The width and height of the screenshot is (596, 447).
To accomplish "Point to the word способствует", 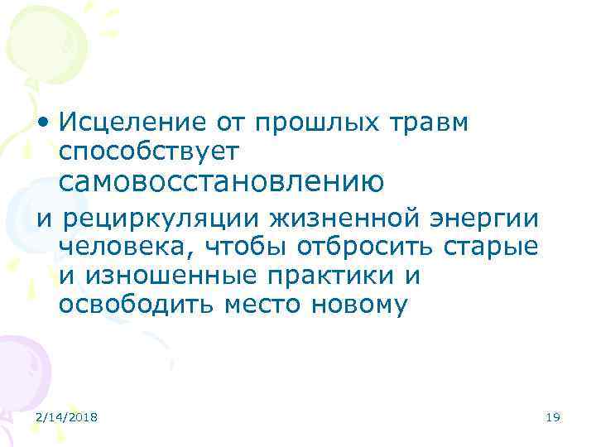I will click(149, 151).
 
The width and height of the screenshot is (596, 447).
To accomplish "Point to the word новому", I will click(361, 305).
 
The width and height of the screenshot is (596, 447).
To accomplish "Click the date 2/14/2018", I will click(67, 419).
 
